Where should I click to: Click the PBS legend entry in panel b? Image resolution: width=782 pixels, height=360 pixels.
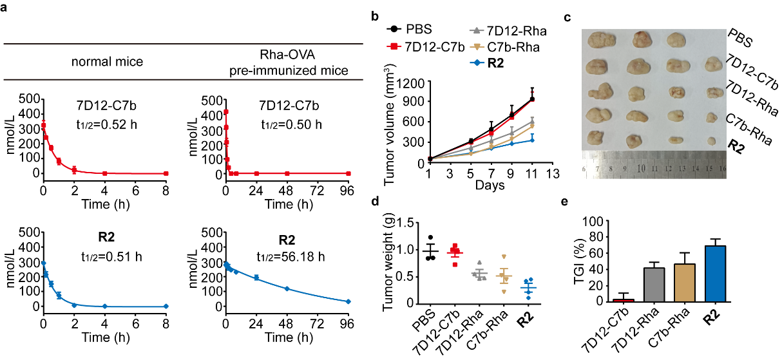pyautogui.click(x=415, y=29)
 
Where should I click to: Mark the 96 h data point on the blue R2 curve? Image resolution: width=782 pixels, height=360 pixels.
pyautogui.click(x=348, y=301)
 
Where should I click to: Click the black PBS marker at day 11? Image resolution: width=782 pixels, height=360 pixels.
pyautogui.click(x=532, y=99)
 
